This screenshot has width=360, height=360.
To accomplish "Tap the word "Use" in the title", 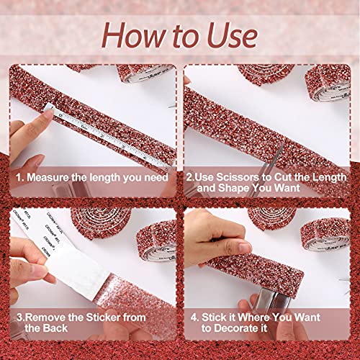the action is point(232,35).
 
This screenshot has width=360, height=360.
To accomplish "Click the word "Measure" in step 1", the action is point(48,178).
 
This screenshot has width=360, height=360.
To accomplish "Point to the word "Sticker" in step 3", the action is point(103,318).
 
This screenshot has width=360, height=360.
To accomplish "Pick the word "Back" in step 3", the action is point(55,328).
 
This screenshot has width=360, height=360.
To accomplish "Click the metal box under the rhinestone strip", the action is point(274,299).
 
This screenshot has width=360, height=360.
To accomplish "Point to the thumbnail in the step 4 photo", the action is point(245,247).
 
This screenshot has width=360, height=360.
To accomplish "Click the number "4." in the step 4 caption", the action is point(194,318).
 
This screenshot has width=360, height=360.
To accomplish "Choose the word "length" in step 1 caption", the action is point(105,178).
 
